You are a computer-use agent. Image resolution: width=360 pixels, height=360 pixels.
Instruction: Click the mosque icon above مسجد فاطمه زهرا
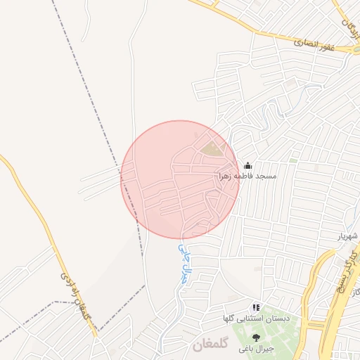tap(247, 165)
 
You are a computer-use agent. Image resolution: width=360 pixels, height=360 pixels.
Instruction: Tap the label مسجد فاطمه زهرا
tap(247, 175)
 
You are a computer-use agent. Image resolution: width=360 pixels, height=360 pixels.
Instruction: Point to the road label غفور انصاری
tap(314, 44)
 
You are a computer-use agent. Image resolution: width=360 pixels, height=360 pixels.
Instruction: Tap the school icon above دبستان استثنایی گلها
tap(256, 308)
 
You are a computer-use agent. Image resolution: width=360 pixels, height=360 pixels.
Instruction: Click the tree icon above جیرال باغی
tap(256, 337)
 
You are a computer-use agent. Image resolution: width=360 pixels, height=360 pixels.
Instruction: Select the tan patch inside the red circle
tap(210, 148)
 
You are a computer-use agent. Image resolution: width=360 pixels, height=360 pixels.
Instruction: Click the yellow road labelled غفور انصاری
tap(267, 31)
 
